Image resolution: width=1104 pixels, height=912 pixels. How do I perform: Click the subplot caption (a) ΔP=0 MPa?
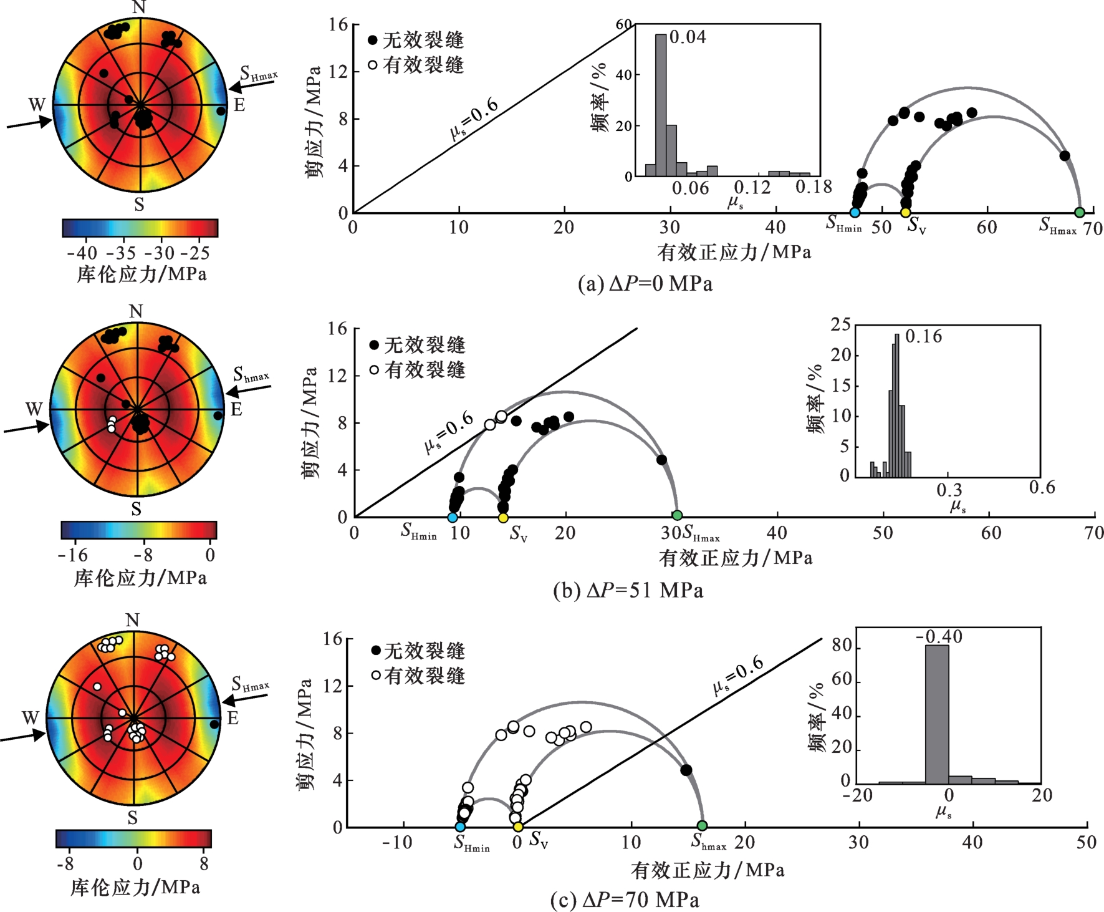645,284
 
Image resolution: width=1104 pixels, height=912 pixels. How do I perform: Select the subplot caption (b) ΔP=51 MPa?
628,590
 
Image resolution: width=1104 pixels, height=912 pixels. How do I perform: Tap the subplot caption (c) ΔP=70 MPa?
625,900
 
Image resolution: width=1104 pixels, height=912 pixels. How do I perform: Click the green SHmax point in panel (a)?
1080,213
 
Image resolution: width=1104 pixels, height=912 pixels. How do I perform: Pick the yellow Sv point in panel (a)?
906,213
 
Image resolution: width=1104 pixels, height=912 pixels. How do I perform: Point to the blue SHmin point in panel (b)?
453,517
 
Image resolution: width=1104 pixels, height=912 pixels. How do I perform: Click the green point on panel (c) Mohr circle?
702,826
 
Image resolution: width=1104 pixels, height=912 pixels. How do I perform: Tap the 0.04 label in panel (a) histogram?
688,37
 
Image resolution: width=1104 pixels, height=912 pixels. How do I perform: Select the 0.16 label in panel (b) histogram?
924,337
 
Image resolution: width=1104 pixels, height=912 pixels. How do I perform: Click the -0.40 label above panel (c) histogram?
939,637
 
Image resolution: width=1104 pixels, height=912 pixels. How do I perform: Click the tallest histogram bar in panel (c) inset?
937,714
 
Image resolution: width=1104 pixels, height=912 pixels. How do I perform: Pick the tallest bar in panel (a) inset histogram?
661,105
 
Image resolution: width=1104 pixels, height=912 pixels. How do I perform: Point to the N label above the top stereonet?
139,7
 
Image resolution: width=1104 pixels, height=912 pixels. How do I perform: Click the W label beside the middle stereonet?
34,409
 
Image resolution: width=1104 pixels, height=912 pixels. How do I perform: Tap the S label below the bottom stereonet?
132,817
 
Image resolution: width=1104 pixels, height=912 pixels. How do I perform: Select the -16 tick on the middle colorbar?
73,555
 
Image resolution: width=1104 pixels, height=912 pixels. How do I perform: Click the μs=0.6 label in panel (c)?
738,675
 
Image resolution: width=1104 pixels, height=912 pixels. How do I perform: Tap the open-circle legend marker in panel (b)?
374,370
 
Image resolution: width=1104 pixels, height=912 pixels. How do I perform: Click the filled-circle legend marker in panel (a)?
373,41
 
